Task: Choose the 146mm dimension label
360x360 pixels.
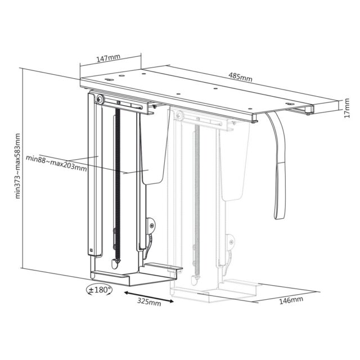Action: pos(291,300)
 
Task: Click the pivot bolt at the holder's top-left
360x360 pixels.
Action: pos(100,100)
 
